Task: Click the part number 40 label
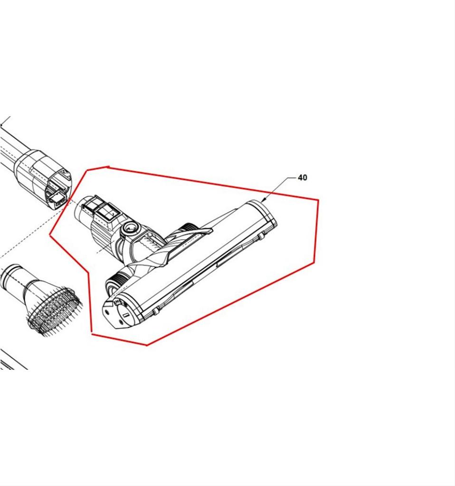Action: pyautogui.click(x=303, y=178)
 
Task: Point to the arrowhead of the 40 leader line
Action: pyautogui.click(x=264, y=200)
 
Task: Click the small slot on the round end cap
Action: pyautogui.click(x=125, y=315)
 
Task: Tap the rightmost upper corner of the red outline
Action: pyautogui.click(x=318, y=200)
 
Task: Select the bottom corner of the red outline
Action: pyautogui.click(x=147, y=345)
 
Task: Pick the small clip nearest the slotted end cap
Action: pyautogui.click(x=155, y=310)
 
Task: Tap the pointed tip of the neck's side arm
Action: pyautogui.click(x=212, y=230)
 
